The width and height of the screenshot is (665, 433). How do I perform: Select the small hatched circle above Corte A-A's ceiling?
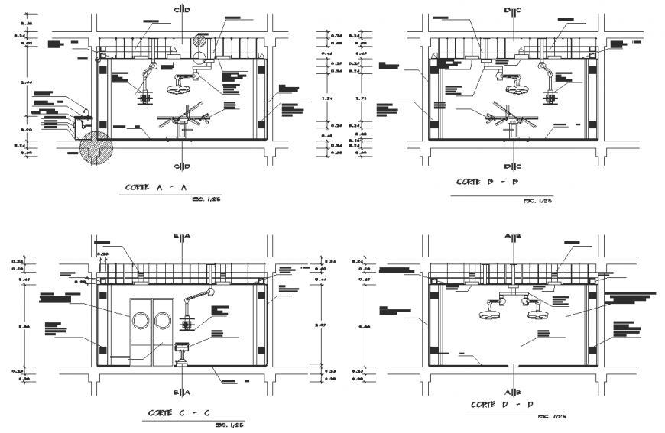point(202,40)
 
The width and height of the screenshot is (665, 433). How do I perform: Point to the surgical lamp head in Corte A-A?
point(181,86)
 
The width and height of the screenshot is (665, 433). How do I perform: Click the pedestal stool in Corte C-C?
point(183,354)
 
